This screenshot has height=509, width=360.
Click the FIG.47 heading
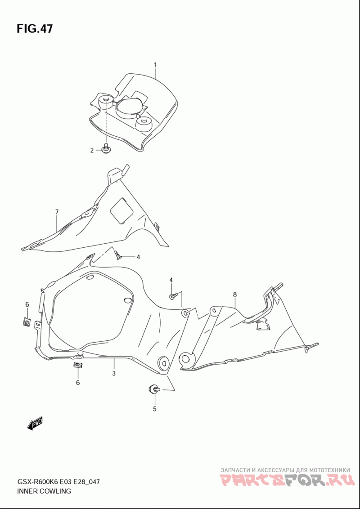point(35,29)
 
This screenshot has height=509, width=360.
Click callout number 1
point(155,65)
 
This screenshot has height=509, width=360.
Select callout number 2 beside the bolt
point(92,150)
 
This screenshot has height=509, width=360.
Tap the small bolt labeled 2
point(106,149)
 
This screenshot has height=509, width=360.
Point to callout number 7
point(57,212)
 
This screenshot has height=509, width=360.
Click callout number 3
point(114,373)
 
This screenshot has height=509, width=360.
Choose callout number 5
point(155,409)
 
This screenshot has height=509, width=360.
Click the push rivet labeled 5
point(154,388)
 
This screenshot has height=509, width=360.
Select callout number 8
point(235,295)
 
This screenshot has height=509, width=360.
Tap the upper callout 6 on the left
point(27,304)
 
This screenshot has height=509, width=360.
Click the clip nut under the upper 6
point(27,322)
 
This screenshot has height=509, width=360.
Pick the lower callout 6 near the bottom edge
point(78,383)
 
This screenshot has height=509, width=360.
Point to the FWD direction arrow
point(35,424)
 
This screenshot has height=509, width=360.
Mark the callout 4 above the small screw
point(171,280)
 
